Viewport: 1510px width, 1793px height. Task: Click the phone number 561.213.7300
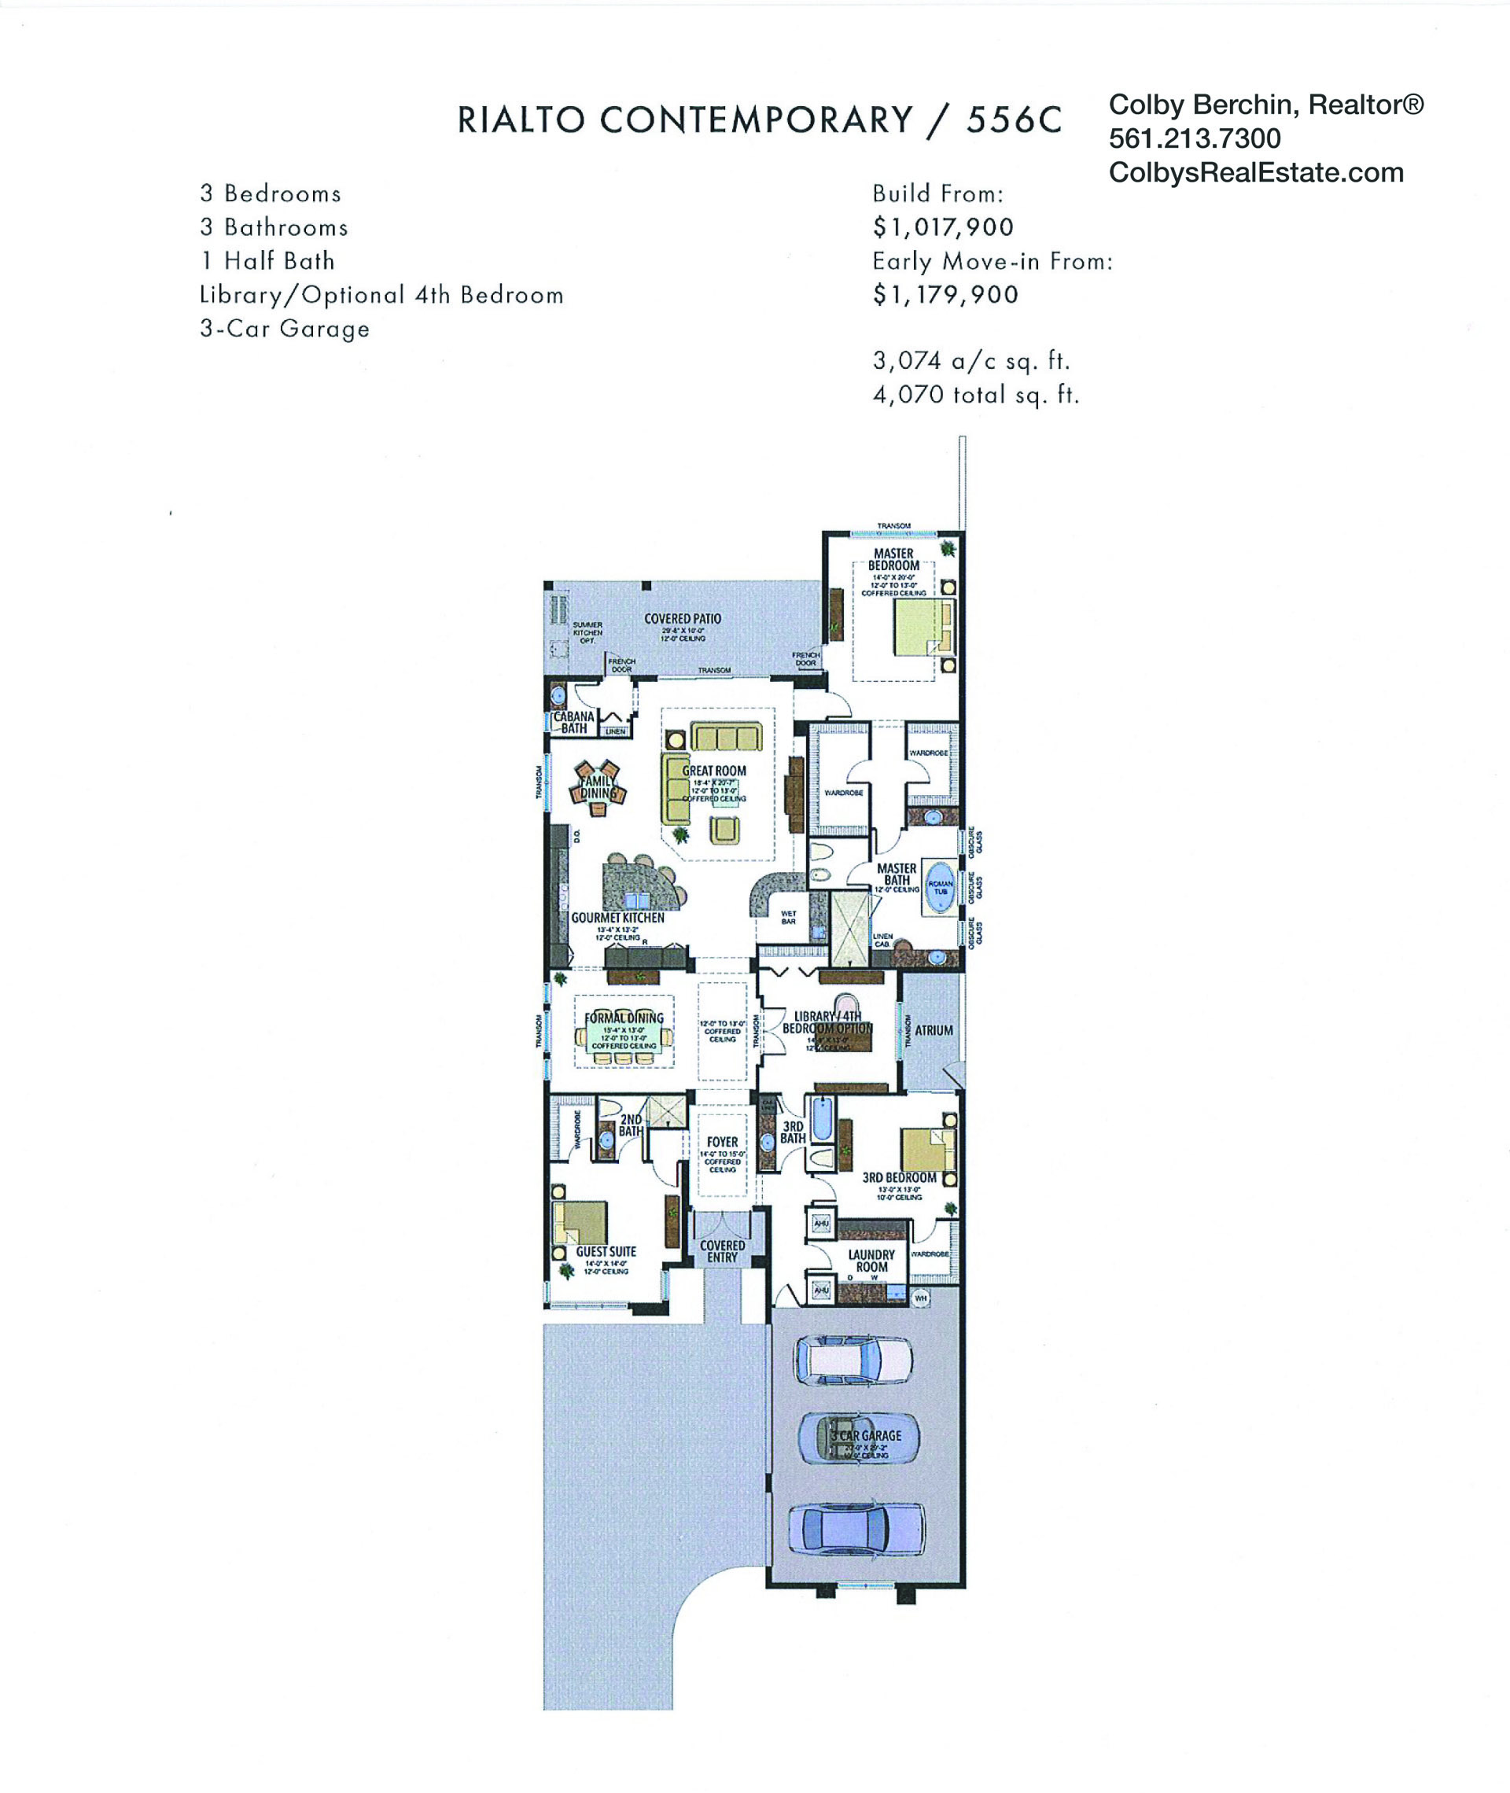1194,138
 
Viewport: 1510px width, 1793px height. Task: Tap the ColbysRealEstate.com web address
1256,173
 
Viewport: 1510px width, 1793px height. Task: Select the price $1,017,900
942,226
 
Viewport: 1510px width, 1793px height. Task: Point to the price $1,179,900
945,294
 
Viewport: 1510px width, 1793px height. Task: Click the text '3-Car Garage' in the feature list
284,329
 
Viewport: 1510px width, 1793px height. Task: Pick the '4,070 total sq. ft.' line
976,395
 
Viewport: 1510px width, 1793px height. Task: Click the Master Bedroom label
893,560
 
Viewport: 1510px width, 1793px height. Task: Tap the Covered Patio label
682,619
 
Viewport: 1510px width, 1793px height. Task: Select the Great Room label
714,770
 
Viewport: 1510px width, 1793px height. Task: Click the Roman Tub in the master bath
940,888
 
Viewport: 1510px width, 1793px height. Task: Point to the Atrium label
933,1030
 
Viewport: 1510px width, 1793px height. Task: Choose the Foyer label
722,1142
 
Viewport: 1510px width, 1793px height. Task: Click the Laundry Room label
871,1261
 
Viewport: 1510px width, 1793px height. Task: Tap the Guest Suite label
606,1251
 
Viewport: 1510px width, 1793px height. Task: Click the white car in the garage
853,1359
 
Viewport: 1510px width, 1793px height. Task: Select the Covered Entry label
722,1251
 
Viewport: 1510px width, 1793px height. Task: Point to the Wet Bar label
788,918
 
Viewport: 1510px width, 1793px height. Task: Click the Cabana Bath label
573,723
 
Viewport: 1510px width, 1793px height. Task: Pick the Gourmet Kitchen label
617,918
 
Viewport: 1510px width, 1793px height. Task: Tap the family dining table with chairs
598,786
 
